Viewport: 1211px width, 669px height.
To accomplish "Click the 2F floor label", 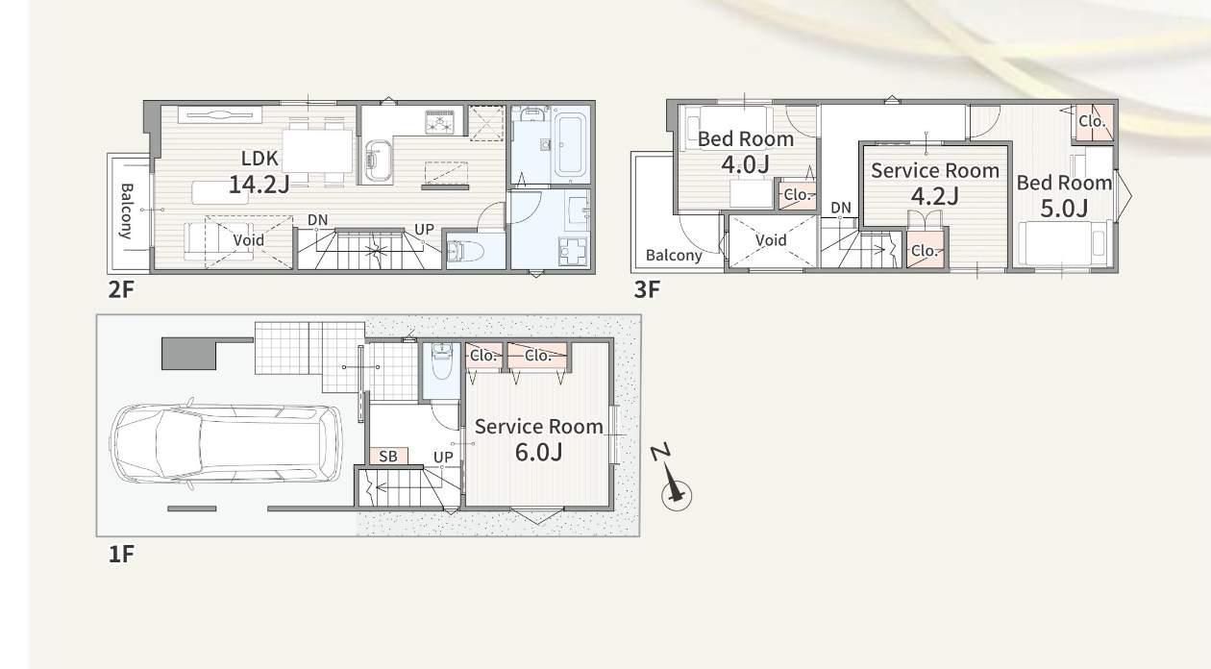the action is (120, 290).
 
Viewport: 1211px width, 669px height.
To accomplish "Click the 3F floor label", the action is (647, 290).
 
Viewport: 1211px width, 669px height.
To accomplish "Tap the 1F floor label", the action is (120, 555).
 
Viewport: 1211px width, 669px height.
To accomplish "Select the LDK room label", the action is (259, 159).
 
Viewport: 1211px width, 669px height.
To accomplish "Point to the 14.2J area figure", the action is (259, 185).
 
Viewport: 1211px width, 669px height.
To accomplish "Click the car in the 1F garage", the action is (226, 443).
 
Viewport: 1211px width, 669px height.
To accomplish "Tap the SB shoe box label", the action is (388, 457).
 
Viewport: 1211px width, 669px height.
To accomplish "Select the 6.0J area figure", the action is (538, 452).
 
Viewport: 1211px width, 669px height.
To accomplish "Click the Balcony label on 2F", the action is (126, 211).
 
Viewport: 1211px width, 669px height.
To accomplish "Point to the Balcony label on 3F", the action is (674, 256).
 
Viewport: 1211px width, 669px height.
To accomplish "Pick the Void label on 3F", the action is (771, 240).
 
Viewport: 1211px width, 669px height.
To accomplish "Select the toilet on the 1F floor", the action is (442, 360).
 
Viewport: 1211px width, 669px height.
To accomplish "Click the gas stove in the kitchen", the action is (444, 122).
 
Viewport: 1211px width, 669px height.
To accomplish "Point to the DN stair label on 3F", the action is (841, 208).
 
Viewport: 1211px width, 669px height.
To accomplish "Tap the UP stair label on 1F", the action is (443, 458).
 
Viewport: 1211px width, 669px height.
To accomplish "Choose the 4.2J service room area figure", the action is (935, 196).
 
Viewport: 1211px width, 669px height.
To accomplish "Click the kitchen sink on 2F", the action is (378, 161).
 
